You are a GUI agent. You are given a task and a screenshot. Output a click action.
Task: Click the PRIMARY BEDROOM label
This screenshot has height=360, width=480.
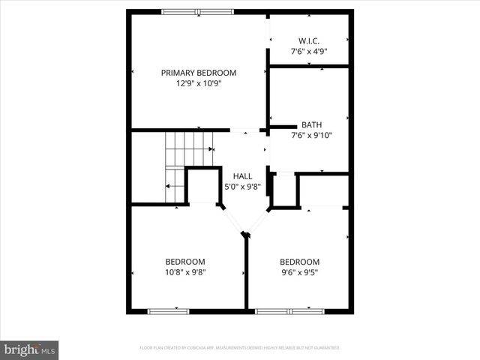199,73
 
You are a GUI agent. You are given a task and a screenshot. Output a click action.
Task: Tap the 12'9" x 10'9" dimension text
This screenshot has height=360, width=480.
199,84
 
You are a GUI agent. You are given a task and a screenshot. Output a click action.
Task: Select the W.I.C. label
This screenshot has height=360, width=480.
309,40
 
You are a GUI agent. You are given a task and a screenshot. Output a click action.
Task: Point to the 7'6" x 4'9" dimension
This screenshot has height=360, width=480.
309,52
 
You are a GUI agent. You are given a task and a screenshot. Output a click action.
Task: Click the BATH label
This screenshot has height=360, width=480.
311,124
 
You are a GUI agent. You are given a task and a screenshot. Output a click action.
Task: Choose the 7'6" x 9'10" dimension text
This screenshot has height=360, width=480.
311,136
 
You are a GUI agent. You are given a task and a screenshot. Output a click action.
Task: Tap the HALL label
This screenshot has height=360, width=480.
242,175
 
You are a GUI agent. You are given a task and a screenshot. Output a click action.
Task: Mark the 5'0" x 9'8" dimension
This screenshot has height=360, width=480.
242,187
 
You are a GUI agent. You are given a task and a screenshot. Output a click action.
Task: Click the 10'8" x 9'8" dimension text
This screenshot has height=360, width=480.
185,273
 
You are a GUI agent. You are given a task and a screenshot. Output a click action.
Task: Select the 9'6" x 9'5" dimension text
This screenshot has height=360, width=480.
300,273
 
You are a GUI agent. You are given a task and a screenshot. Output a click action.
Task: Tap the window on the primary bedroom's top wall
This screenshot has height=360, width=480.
197,12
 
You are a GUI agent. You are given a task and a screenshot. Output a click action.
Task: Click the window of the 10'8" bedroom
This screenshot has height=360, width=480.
168,310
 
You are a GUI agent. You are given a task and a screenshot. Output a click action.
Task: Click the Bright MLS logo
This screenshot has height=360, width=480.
29,349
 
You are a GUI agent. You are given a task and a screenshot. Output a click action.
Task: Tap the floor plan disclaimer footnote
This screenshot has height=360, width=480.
240,348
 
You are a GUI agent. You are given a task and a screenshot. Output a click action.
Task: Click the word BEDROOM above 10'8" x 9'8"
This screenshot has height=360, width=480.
185,262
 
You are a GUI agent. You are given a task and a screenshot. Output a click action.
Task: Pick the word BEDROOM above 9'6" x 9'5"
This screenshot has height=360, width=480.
300,262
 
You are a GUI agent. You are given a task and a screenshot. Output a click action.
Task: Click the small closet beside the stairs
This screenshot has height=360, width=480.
202,186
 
